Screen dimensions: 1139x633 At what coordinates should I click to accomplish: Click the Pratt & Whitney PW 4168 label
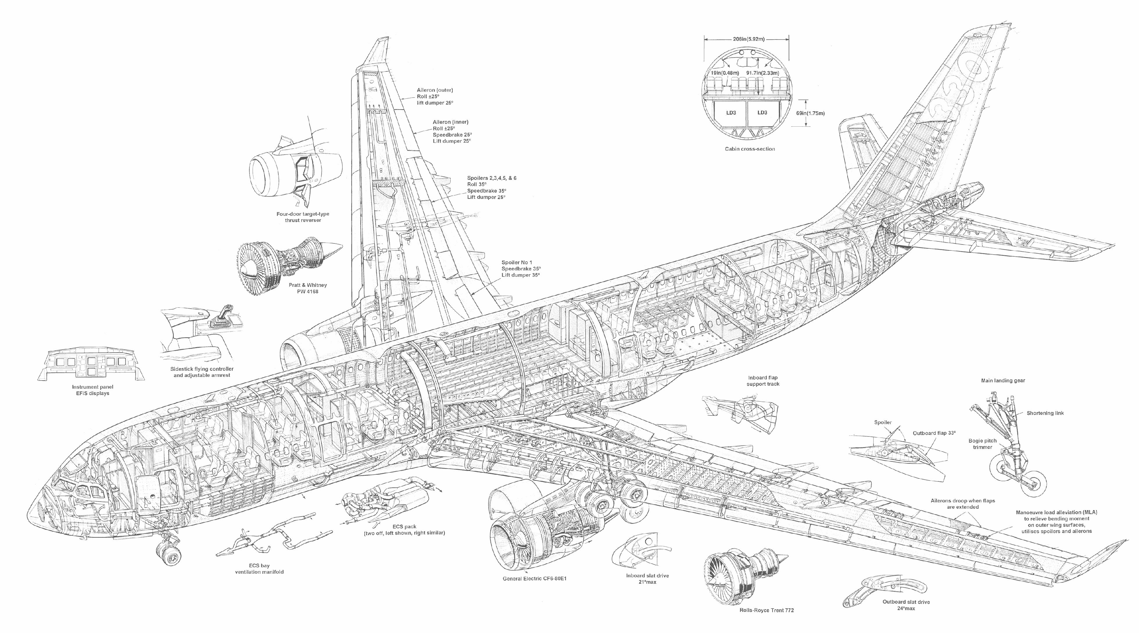point(307,288)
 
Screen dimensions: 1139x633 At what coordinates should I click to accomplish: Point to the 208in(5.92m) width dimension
point(746,39)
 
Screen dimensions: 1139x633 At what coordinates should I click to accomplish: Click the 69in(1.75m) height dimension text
point(810,113)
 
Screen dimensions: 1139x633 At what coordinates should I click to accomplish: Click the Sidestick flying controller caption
point(202,372)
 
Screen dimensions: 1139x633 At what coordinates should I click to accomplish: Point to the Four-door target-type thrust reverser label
point(303,217)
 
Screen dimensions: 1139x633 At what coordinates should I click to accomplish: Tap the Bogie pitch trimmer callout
point(982,444)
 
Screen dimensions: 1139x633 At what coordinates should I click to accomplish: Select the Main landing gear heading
point(1003,381)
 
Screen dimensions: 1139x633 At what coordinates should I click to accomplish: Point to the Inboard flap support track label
point(763,381)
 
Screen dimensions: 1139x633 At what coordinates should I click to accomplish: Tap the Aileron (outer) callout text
point(435,96)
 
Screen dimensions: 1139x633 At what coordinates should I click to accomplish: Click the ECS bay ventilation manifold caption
point(259,569)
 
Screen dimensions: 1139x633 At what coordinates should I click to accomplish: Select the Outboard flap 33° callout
point(934,433)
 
